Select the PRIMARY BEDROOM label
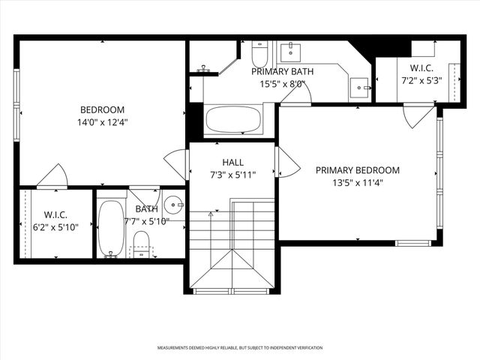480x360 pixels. [357, 170]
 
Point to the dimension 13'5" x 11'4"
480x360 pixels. [357, 183]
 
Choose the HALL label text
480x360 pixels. [232, 162]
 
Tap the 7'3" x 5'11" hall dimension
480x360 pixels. [232, 175]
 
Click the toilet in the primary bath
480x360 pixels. [259, 54]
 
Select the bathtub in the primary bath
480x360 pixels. [233, 121]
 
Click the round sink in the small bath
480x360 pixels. [173, 204]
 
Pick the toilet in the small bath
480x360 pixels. [140, 242]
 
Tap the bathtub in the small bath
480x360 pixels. [112, 228]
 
